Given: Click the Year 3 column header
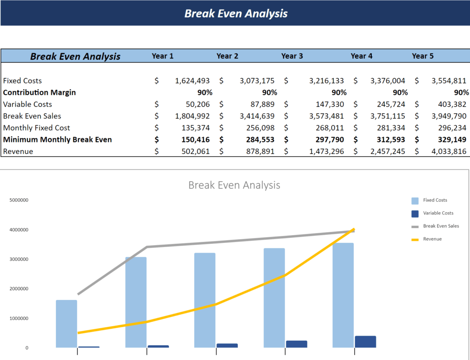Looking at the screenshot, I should [292, 56].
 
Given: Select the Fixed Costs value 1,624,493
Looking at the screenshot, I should [192, 81].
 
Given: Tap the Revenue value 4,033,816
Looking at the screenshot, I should [448, 152].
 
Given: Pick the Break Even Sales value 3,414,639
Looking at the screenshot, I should [257, 116].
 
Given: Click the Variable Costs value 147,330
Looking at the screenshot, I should [326, 104].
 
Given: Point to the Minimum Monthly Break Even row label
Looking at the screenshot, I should [57, 140].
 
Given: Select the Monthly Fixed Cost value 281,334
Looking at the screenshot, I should [388, 128].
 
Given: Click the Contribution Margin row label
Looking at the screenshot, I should [39, 92].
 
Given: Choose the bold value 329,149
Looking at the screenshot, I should [448, 140].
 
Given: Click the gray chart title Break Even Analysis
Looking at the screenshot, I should [234, 186].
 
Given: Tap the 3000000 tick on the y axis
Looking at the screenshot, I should [18, 259].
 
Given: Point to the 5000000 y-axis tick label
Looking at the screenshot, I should [18, 200].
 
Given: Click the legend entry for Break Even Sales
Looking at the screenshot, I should [441, 226].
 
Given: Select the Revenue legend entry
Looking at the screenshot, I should [432, 239].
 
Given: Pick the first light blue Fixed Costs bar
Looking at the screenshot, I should [67, 324].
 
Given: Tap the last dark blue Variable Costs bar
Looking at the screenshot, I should [365, 342].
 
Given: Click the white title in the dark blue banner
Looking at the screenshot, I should [236, 13].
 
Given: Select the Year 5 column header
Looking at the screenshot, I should [422, 56].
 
